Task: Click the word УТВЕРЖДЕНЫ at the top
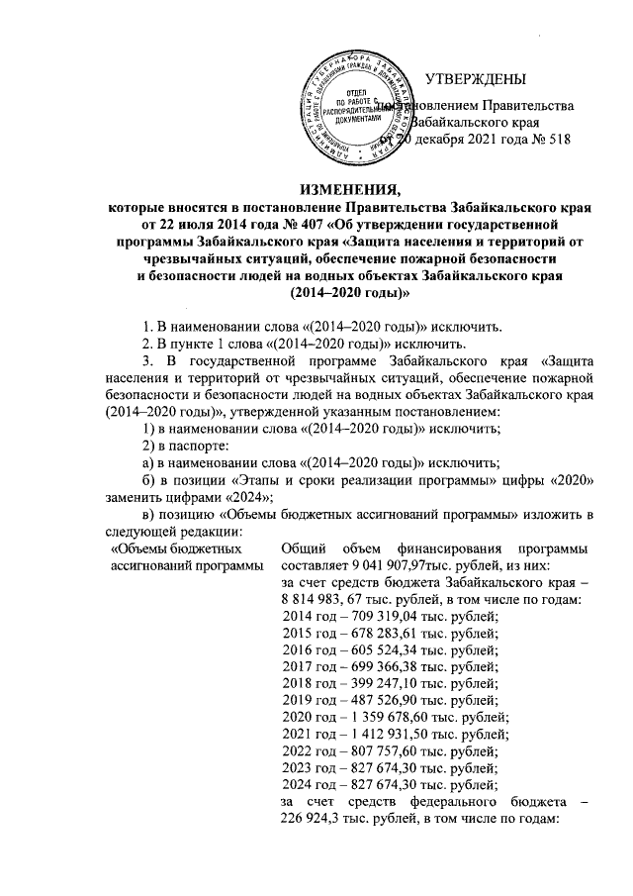point(475,79)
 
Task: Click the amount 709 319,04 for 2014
point(365,615)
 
